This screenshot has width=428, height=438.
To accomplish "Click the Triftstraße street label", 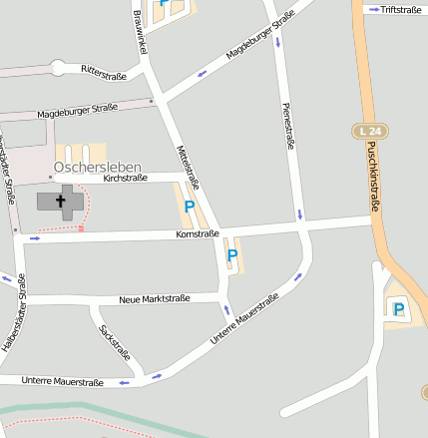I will pos(401,9).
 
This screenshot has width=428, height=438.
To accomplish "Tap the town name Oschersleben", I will pos(98,167).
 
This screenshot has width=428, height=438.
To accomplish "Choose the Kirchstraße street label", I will pos(125,179).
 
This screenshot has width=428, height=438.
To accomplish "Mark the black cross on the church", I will pos(61,202).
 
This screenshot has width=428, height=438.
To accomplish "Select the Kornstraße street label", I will pos(197,233).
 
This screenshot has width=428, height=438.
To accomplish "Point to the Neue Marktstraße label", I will pos(154,298).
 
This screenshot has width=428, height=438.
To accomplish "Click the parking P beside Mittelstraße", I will pos(189,207).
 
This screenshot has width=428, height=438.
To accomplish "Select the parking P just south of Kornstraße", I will pos(232,255).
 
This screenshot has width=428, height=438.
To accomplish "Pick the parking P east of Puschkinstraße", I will pos(399,309).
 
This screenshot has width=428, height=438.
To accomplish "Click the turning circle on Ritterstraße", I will pos(58,69).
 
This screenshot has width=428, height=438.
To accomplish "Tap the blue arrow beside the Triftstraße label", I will pos(374,9).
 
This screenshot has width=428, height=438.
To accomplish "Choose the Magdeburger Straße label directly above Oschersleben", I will pos(77,112).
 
